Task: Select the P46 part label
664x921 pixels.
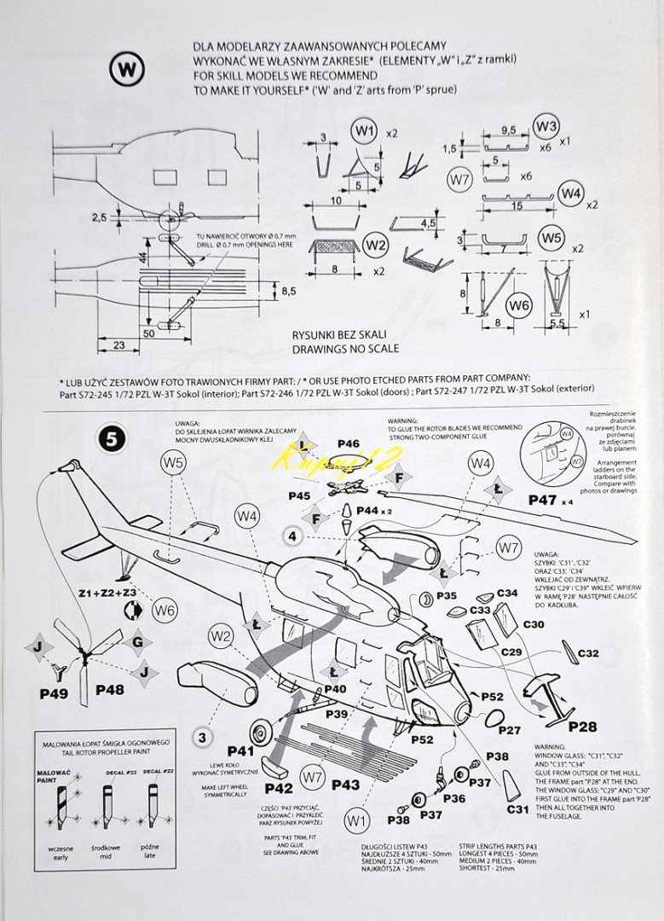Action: tap(347, 443)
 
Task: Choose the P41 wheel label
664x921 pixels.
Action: tap(241, 751)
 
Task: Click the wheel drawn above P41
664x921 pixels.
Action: tap(263, 732)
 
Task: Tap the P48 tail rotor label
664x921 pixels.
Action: tap(111, 690)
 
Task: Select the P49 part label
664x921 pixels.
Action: tap(53, 693)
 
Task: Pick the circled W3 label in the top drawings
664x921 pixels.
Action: tap(546, 127)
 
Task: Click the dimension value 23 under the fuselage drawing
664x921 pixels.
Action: tap(118, 345)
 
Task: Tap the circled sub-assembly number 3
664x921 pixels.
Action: tap(202, 737)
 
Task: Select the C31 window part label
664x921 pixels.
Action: tap(517, 809)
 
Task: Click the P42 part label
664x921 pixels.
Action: tap(279, 788)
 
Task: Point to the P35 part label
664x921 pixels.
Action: tap(447, 594)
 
